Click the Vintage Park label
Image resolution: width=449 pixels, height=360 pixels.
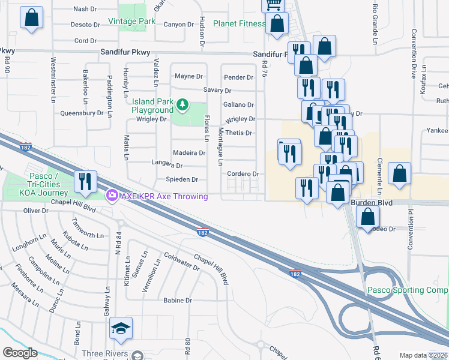[131, 22]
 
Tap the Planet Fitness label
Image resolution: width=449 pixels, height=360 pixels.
[240, 24]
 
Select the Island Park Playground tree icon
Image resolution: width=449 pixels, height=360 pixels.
[182, 106]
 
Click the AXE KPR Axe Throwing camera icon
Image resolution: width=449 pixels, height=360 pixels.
[111, 196]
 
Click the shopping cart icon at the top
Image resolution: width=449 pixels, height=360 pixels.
[273, 5]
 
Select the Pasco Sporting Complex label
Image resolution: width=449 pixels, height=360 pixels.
[408, 290]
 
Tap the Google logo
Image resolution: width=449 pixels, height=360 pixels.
[20, 353]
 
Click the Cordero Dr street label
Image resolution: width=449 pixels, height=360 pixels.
[243, 174]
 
